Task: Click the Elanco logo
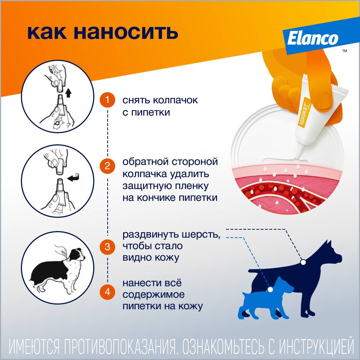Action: [x=313, y=39]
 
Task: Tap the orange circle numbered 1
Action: [x=107, y=100]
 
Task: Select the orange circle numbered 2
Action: [x=107, y=166]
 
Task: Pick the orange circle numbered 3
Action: [x=107, y=247]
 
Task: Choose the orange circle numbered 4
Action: [x=107, y=292]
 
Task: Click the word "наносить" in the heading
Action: [x=126, y=32]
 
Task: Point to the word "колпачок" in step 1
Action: [x=175, y=100]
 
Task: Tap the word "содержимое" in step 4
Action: [x=154, y=294]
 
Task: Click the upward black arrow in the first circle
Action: [x=68, y=93]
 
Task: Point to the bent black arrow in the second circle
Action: [x=74, y=177]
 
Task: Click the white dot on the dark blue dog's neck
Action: [x=303, y=262]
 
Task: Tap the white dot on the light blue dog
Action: [x=270, y=289]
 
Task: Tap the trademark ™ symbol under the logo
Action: [x=345, y=51]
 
